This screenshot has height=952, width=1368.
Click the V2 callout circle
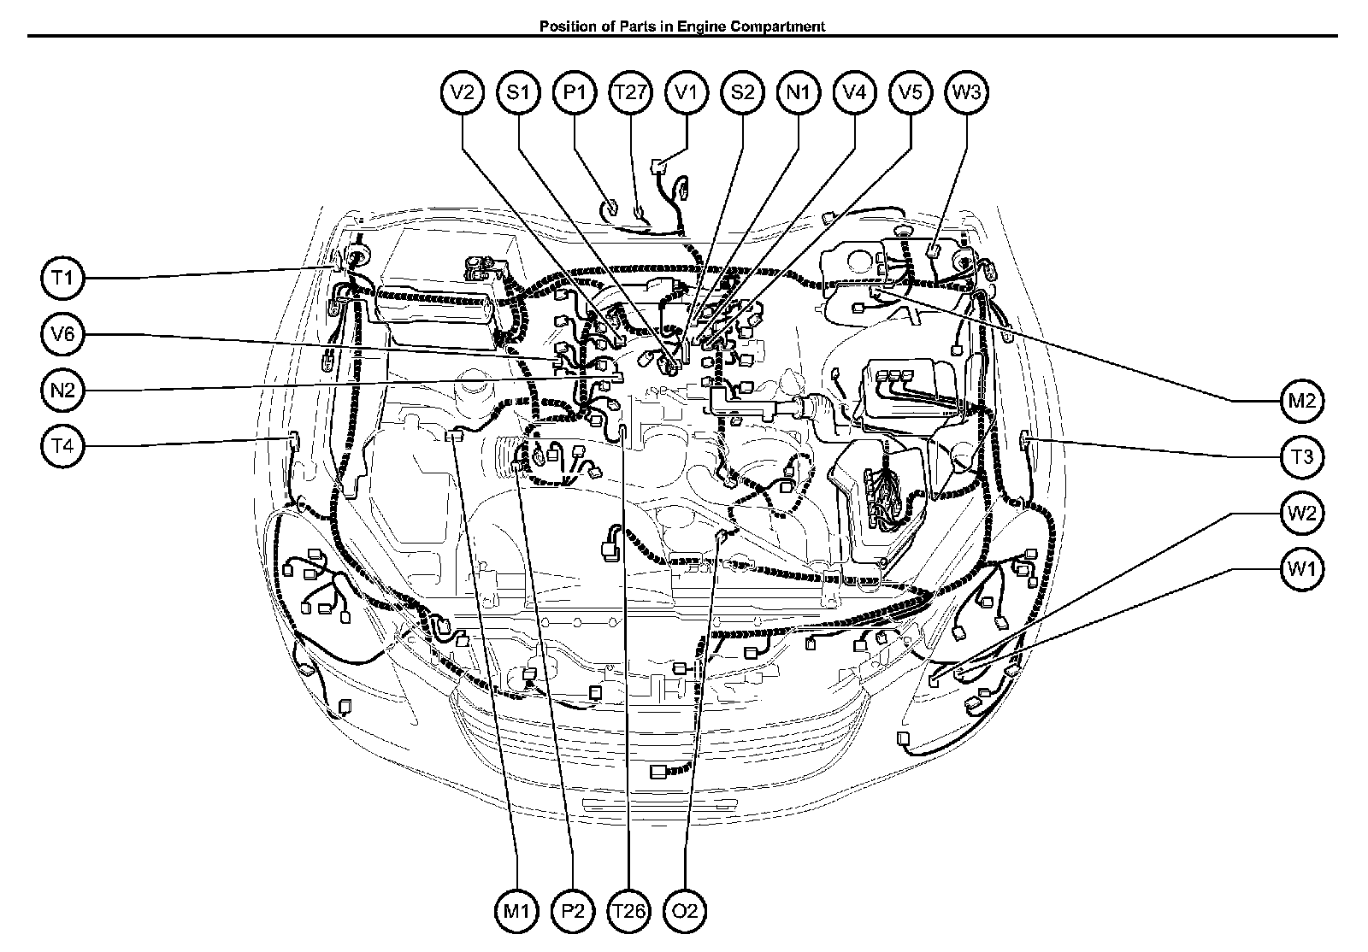point(463,92)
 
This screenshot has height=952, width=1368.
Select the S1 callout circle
point(518,92)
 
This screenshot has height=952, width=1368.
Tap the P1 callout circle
point(574,92)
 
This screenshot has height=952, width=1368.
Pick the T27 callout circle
point(630,92)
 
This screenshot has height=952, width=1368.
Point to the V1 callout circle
point(687,92)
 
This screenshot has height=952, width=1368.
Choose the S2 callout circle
point(743,92)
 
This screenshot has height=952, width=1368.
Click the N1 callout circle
point(799,92)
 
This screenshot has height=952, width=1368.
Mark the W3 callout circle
point(967,92)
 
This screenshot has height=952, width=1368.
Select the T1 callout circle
point(62,279)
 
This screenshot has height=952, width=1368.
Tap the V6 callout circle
point(62,334)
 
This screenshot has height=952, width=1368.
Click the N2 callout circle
point(62,390)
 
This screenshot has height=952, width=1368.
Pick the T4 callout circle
point(62,446)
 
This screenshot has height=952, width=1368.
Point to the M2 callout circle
point(1302,401)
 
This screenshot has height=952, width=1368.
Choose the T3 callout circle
point(1302,457)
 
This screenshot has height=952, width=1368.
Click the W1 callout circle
point(1302,569)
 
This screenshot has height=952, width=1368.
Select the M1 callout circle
point(516,911)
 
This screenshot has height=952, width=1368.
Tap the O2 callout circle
point(685,911)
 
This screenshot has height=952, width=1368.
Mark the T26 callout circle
point(629,911)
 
